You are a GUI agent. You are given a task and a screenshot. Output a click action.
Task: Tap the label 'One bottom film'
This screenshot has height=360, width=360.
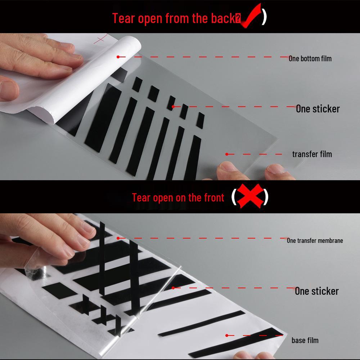tap(310, 58)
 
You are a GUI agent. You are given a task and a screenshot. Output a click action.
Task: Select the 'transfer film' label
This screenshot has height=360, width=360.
tap(312, 154)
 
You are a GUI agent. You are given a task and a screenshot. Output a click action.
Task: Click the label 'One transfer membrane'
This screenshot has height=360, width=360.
tap(315, 240)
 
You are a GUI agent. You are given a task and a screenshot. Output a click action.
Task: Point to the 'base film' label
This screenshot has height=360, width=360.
tap(305, 340)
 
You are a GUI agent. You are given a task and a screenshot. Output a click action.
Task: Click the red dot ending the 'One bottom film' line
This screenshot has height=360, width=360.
tap(118, 57)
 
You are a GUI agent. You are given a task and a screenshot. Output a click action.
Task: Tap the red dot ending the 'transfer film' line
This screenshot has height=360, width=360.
tap(227, 154)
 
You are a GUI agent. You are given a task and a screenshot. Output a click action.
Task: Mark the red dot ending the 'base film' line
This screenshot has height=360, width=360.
tap(227, 335)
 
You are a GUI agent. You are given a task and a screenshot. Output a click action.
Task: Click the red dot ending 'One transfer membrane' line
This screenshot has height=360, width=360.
tap(118, 238)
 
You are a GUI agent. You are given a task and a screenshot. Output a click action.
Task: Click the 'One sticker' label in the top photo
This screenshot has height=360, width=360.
tap(318, 108)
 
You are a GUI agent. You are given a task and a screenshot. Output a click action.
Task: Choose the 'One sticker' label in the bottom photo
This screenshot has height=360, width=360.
tap(316, 291)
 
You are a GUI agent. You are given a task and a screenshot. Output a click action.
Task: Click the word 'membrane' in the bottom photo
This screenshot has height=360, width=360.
tap(329, 240)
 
